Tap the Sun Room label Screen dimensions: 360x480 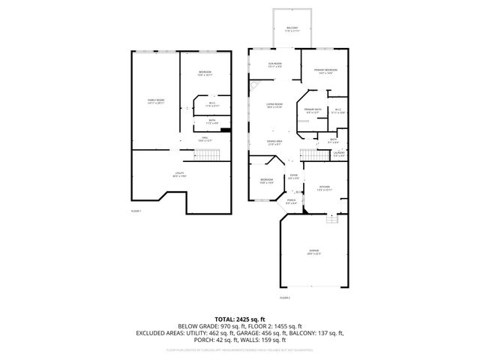click(x=275, y=65)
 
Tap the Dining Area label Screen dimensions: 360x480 click(x=275, y=142)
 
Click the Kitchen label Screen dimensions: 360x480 click(x=324, y=187)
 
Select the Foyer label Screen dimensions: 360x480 click(x=293, y=177)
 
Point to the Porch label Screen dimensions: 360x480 click(x=292, y=201)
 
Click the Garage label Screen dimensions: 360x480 click(x=313, y=251)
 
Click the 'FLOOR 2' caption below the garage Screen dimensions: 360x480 click(x=284, y=298)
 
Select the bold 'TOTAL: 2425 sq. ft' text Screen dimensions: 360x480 click(x=239, y=319)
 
